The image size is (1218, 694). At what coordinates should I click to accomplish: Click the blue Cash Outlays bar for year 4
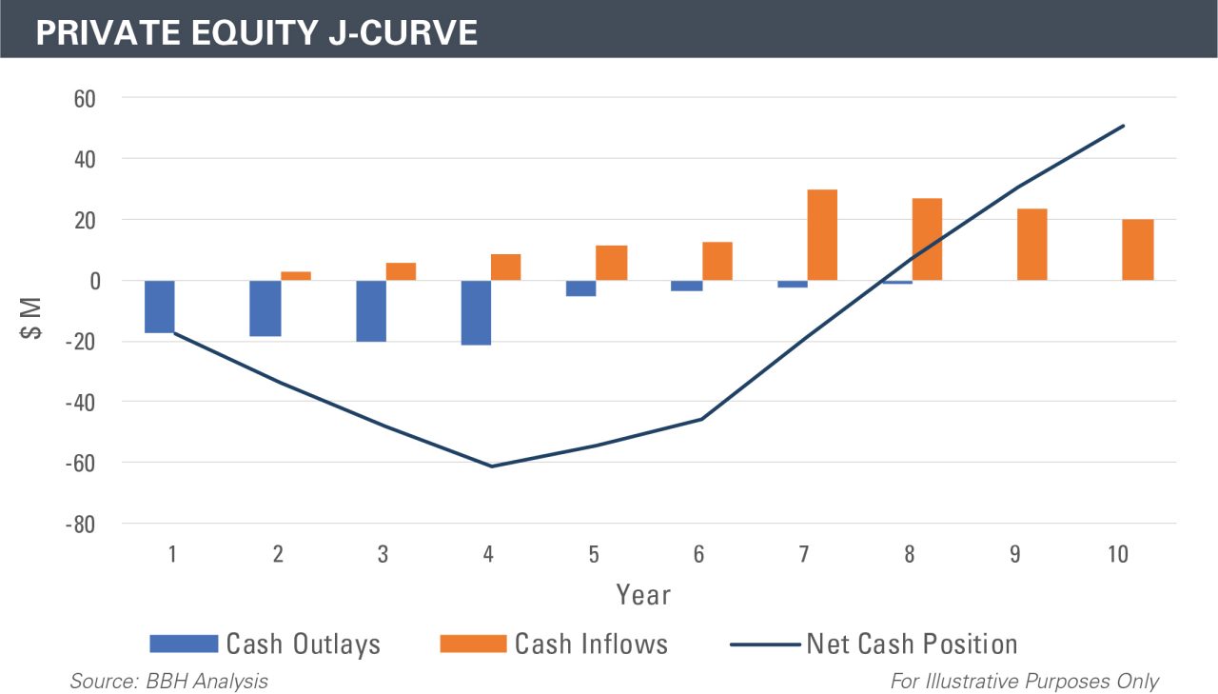point(476,312)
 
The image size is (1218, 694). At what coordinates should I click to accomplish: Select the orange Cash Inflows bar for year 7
point(822,235)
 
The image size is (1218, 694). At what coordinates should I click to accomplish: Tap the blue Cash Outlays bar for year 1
point(160,307)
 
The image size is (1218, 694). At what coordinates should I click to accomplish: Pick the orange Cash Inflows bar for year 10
point(1138,249)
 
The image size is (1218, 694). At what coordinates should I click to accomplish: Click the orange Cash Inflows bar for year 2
point(296,276)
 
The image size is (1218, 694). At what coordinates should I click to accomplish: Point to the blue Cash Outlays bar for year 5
point(581,288)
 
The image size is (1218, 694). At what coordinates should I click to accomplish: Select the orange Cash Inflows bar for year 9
point(1032,245)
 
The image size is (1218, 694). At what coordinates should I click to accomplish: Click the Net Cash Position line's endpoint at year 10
point(1124,126)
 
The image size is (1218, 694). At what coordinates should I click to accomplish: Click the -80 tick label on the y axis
point(81,525)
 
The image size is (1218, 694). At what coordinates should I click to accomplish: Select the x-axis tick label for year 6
point(698,554)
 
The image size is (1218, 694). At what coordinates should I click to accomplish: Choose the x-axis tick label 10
point(1119,554)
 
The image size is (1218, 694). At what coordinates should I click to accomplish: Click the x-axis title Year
point(643,596)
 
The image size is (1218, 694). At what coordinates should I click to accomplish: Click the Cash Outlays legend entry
point(266,644)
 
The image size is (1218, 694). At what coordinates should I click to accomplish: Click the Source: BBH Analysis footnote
point(168,681)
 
